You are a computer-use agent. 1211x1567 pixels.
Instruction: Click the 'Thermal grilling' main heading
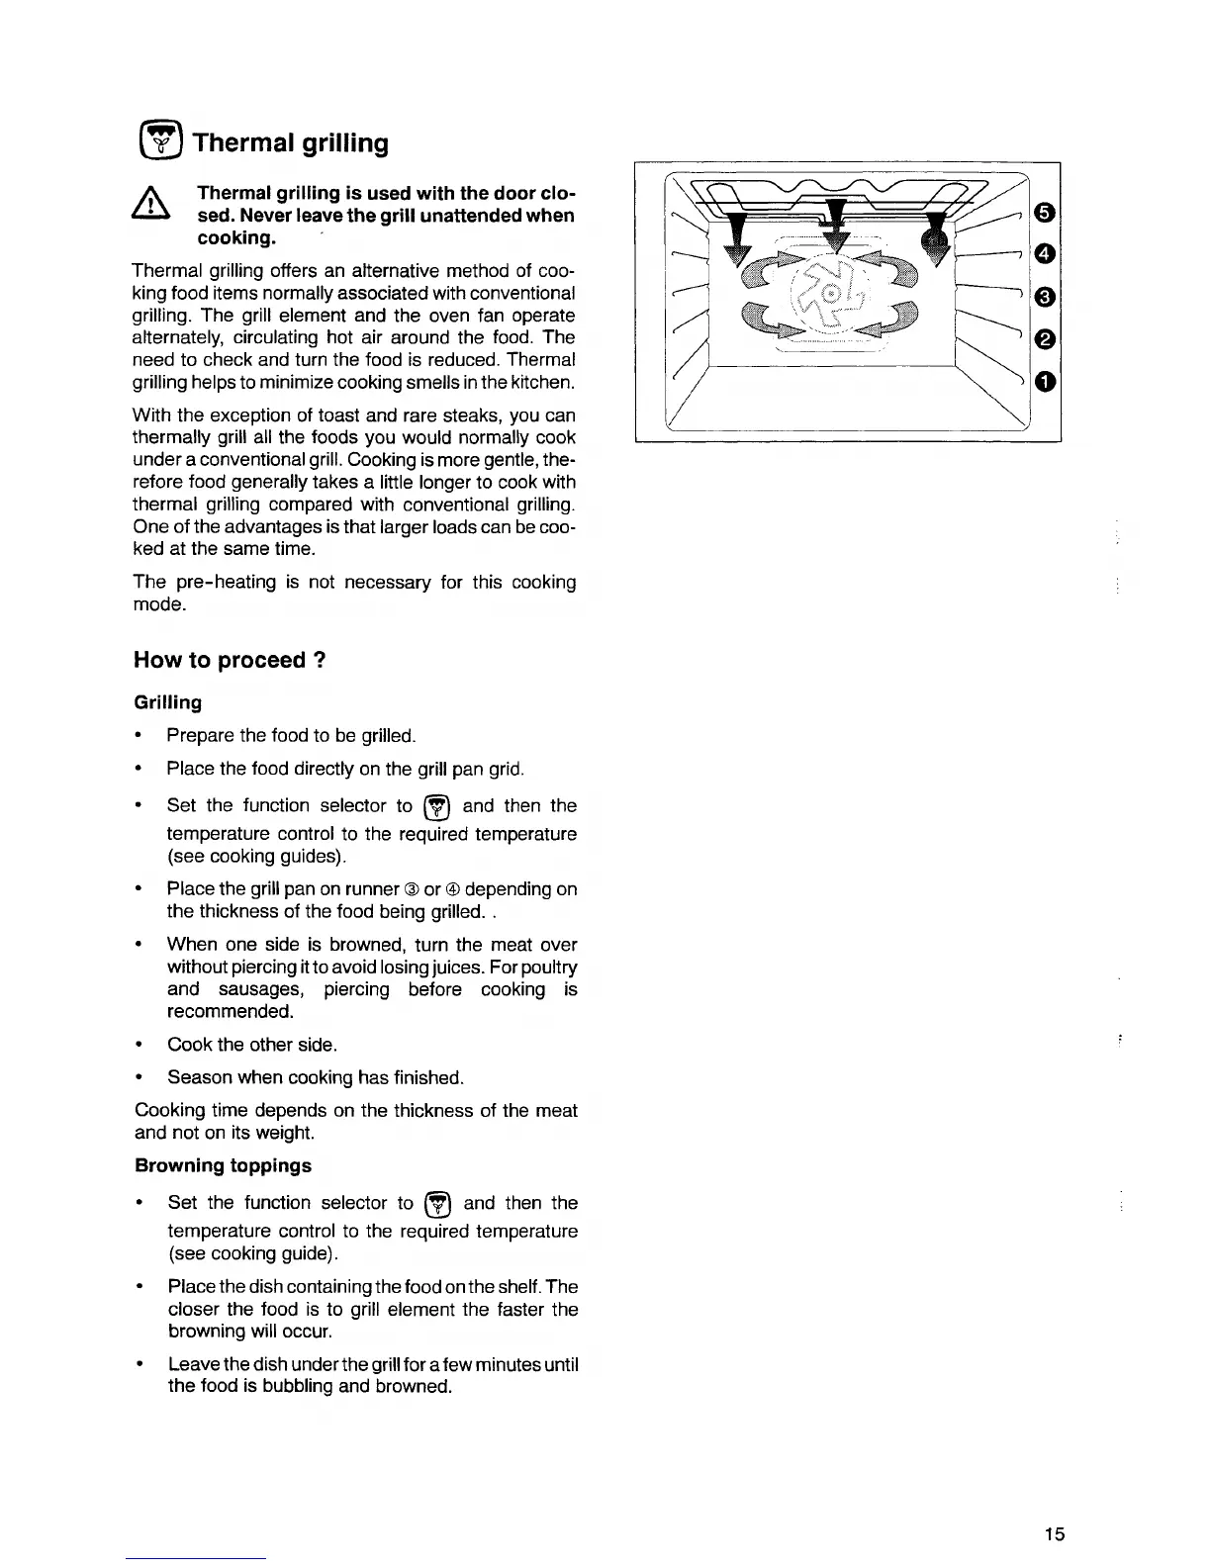pos(290,143)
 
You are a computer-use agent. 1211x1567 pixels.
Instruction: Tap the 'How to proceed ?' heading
pos(231,660)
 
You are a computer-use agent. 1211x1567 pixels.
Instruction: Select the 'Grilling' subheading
pos(168,702)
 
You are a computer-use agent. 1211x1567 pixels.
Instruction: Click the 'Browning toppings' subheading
pos(223,1165)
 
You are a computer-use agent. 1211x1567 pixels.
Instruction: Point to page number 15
pos(1054,1534)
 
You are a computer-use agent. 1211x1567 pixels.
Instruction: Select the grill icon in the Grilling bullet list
pos(437,807)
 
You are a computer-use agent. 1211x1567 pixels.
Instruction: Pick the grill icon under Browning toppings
pos(438,1204)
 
